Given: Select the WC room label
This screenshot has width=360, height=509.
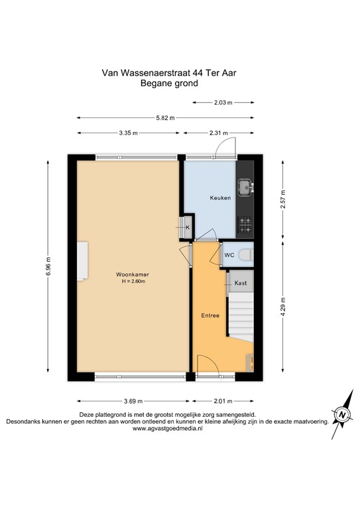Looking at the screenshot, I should coord(229,254).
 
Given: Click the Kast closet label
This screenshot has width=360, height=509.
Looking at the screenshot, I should coord(241,283).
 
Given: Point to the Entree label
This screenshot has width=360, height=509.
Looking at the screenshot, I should coord(210,315).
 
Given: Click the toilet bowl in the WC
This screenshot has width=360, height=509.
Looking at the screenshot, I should coord(245,254).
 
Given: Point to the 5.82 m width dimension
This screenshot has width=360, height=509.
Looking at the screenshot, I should coord(165,118).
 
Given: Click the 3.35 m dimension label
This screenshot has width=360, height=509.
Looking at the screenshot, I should coord(129,133).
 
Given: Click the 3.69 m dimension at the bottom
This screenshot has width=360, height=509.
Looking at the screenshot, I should coord(133,401).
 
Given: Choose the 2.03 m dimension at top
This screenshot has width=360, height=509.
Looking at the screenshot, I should coord(224,103).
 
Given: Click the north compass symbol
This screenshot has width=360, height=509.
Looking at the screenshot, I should coord(342,416).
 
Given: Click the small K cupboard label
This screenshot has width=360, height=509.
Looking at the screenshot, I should coord(187,227).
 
